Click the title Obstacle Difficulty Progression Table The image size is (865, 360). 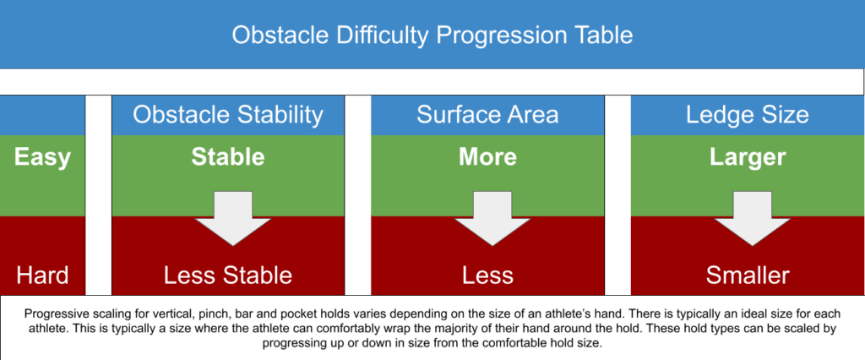(432, 35)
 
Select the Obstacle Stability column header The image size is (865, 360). (228, 115)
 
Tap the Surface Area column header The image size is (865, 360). (487, 115)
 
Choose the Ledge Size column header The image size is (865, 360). (748, 115)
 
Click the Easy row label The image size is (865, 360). (42, 158)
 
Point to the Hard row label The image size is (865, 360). (42, 275)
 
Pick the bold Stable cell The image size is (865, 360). (228, 157)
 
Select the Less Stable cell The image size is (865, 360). (228, 275)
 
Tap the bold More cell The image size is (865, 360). (487, 157)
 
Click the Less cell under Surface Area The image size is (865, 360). (487, 275)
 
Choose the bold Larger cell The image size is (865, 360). (748, 158)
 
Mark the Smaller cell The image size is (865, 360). (748, 275)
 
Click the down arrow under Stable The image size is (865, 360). (233, 219)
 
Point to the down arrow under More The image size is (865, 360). (492, 219)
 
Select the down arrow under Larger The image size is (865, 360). (752, 219)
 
